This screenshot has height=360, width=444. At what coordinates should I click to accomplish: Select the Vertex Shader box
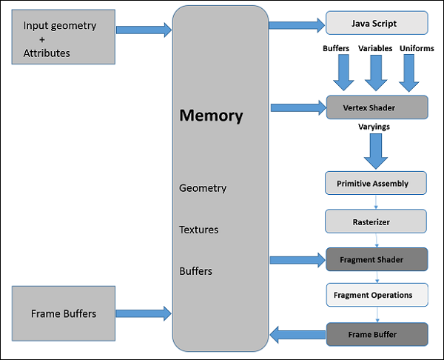pos(377,107)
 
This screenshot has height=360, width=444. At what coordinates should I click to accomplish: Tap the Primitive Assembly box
pos(377,183)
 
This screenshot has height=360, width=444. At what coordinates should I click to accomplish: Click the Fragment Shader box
pos(377,259)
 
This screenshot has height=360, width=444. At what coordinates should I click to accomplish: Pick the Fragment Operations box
pos(377,296)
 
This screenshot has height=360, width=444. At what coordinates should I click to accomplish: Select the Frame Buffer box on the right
pos(377,334)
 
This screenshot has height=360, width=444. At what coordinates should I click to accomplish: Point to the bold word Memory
pos(211,116)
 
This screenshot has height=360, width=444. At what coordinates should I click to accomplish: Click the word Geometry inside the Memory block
pos(203,188)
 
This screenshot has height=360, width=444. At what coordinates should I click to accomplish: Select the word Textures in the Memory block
pos(199,230)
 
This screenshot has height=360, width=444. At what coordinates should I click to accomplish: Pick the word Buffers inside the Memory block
pos(196,271)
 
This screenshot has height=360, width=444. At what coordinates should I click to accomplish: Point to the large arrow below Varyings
pos(377,151)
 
